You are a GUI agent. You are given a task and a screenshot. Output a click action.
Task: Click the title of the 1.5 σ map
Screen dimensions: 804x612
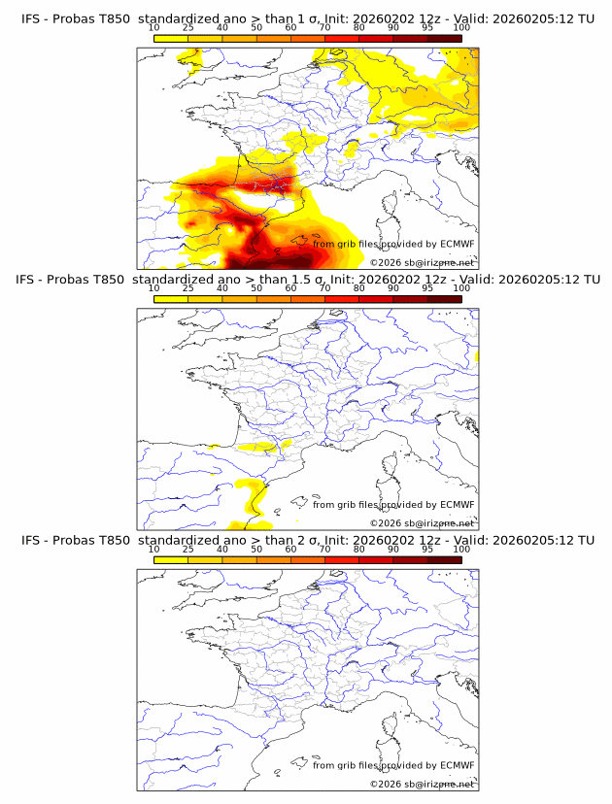(306, 279)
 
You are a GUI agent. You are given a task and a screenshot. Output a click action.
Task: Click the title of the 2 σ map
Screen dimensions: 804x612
(306, 539)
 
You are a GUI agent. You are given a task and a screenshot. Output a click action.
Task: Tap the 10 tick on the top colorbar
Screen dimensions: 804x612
(153, 28)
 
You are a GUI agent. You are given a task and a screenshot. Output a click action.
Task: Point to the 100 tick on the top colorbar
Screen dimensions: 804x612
(461, 28)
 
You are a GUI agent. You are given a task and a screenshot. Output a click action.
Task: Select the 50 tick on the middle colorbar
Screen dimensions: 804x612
(256, 288)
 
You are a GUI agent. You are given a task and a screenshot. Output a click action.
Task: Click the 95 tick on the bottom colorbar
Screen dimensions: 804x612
(427, 549)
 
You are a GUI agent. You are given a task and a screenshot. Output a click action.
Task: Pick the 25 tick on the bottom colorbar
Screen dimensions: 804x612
(187, 549)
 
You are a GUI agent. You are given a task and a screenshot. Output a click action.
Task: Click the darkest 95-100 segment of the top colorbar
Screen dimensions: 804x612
(444, 39)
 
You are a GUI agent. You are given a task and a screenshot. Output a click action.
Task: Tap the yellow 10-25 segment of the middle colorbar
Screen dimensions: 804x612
(171, 299)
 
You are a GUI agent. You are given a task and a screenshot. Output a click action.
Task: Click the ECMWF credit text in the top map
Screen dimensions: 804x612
(393, 244)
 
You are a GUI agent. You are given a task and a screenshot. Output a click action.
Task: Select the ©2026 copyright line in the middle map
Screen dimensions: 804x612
(422, 522)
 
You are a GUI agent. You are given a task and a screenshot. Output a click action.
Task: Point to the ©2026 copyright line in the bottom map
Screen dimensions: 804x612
(422, 783)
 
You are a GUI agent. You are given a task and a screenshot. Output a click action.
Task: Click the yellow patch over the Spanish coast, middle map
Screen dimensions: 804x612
(255, 503)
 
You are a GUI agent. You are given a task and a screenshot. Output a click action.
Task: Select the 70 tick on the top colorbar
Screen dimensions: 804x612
(324, 28)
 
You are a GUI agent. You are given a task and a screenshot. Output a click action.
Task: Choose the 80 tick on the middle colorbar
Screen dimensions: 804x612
(358, 288)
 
